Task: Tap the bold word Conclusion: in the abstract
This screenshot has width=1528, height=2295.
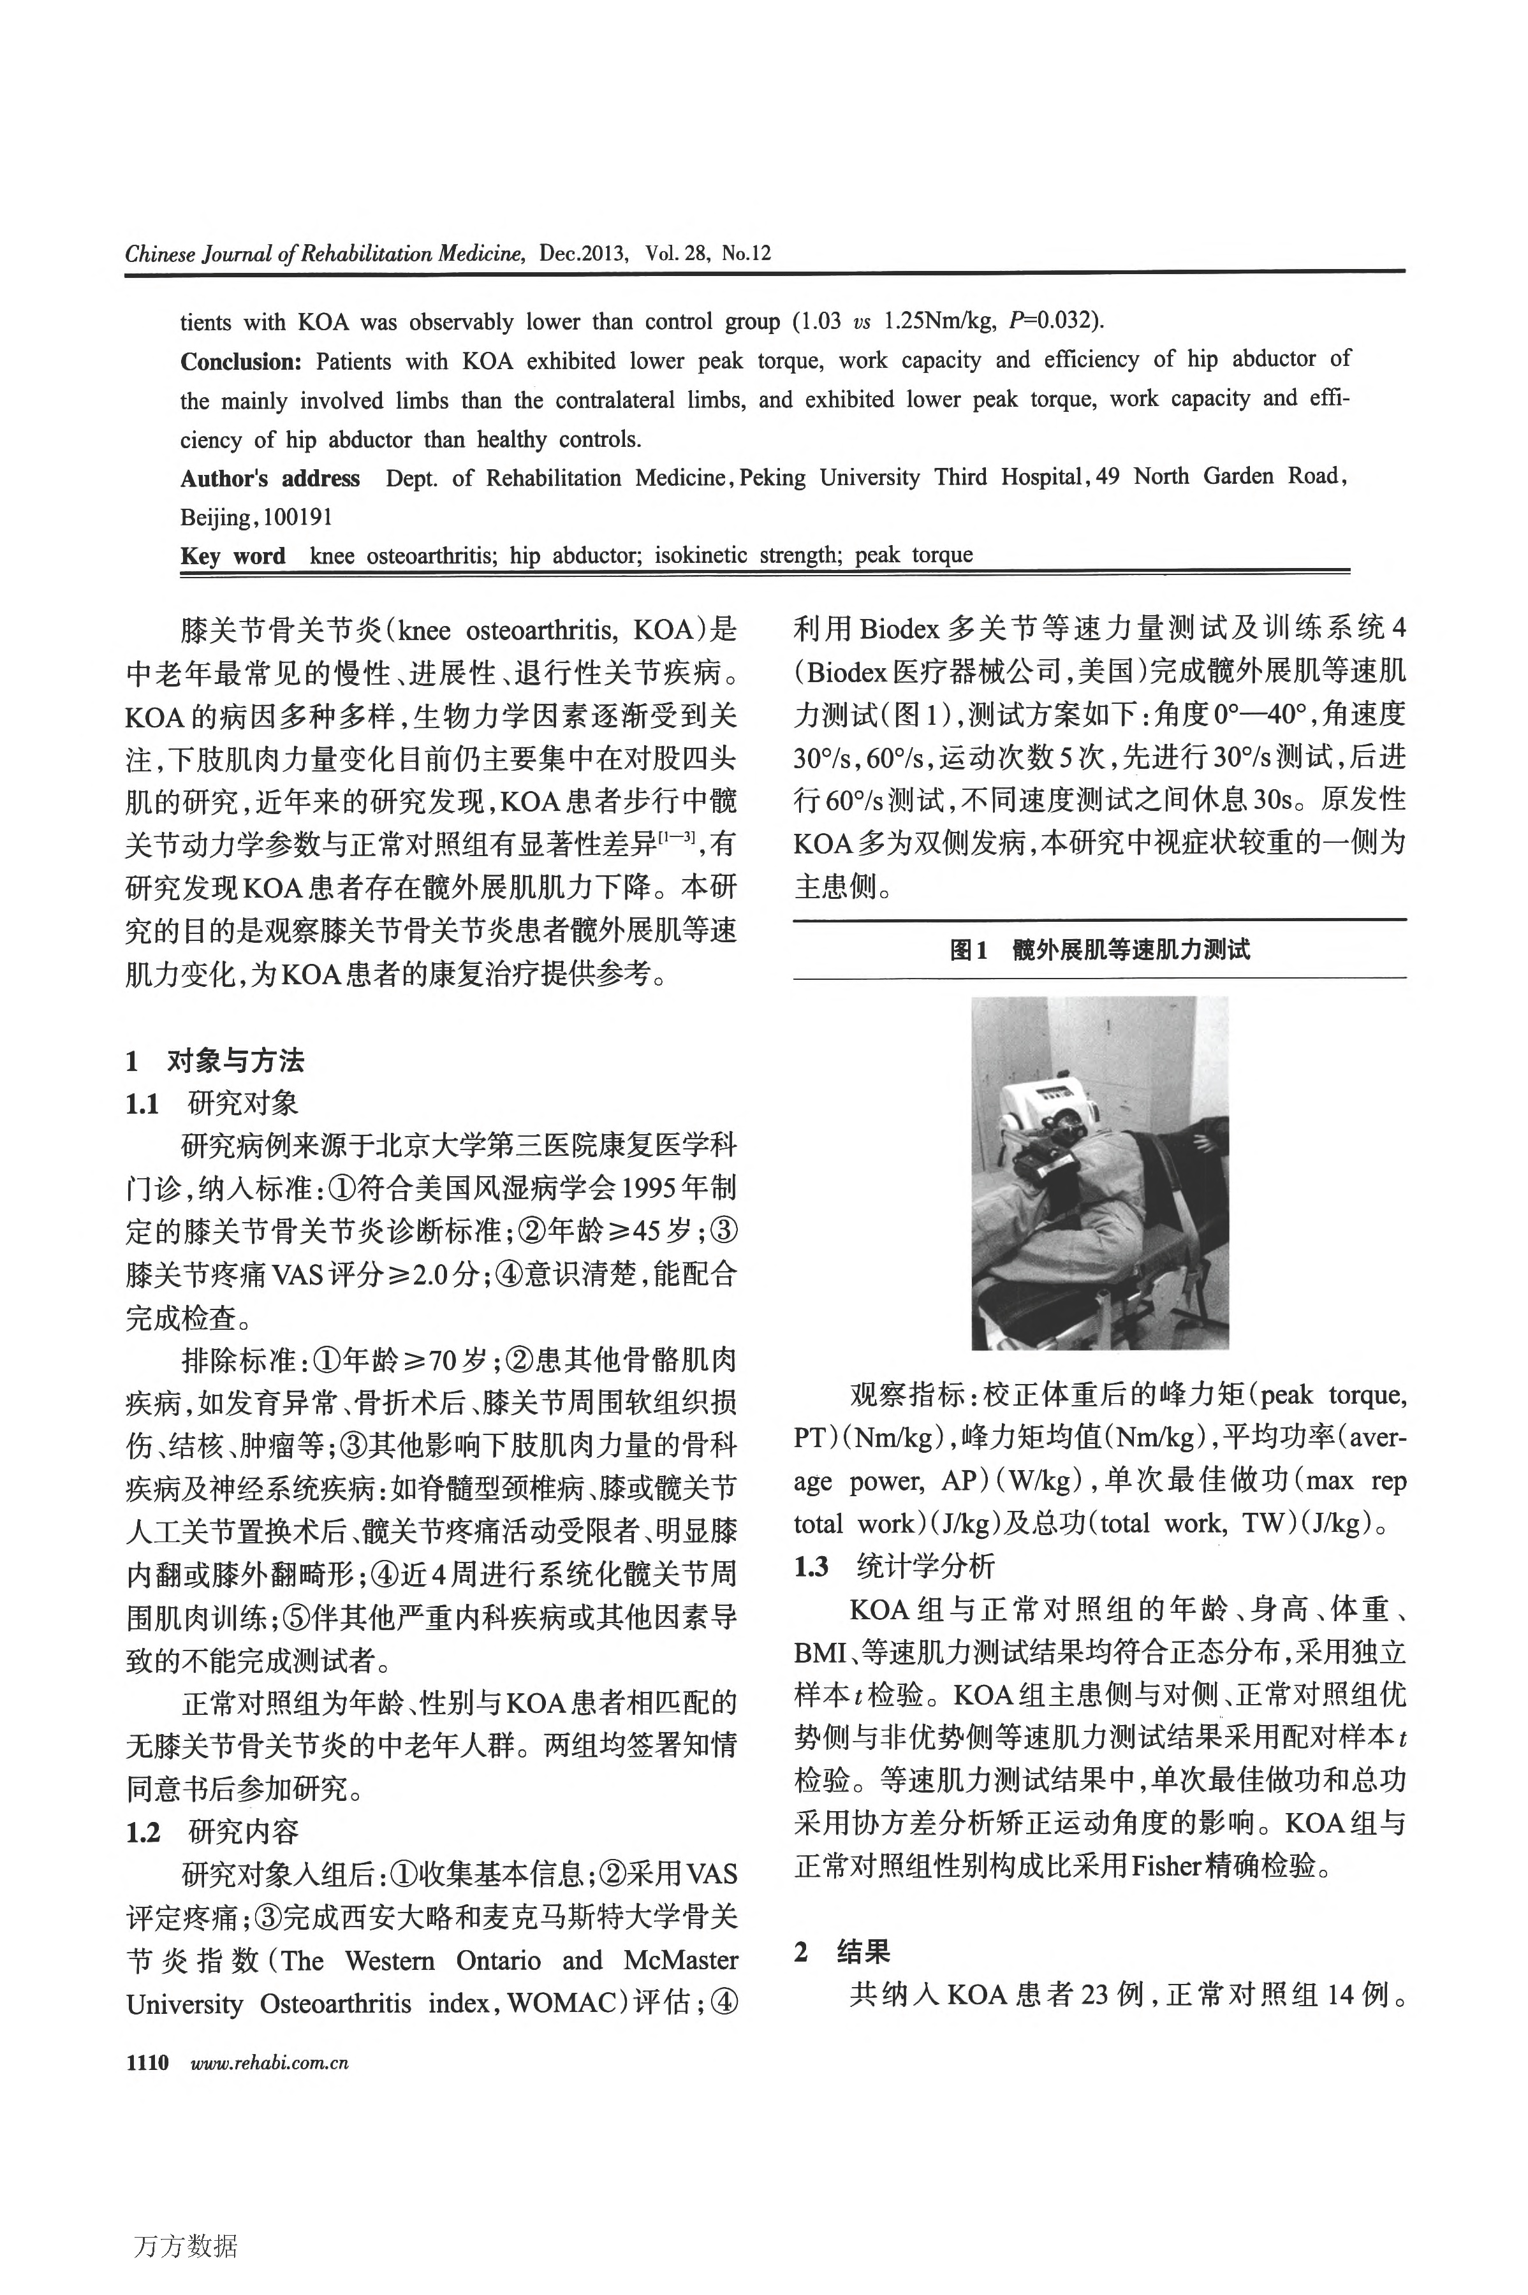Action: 240,361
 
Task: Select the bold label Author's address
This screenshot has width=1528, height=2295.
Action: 270,478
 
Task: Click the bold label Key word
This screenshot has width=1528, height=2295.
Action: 233,556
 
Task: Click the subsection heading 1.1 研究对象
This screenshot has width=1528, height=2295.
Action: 212,1104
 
